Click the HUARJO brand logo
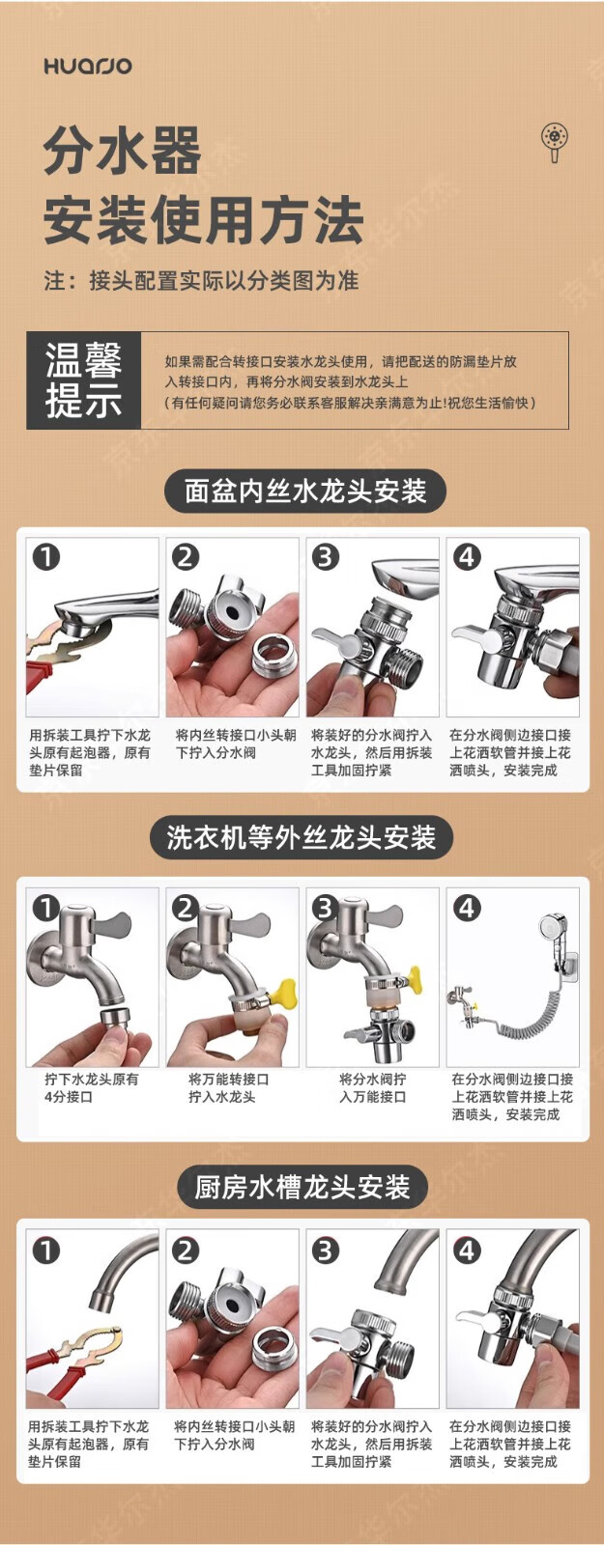(x=88, y=67)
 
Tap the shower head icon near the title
(x=555, y=141)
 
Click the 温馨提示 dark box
(x=83, y=380)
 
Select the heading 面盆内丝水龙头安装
(x=305, y=492)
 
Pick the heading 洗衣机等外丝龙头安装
(x=302, y=838)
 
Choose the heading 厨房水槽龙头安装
(x=302, y=1187)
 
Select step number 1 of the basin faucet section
(x=46, y=556)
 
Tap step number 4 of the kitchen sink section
(x=467, y=1250)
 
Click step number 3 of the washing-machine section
(x=325, y=907)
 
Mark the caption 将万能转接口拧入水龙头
(x=228, y=1087)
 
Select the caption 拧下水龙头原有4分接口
(x=91, y=1087)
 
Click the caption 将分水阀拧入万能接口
(x=373, y=1087)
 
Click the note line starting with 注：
(x=202, y=281)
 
